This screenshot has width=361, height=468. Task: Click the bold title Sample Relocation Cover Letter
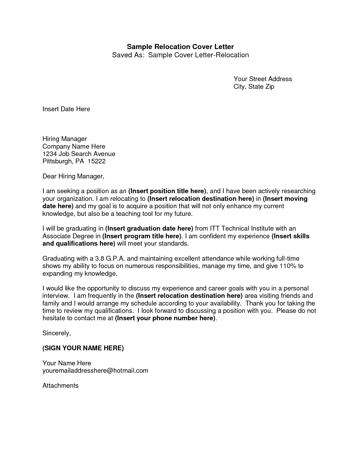[x=180, y=47]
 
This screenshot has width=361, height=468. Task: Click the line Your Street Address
[x=262, y=79]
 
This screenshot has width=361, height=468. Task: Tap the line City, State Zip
[x=254, y=87]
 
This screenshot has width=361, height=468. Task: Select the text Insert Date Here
[x=66, y=109]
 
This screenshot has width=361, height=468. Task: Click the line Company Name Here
[x=74, y=147]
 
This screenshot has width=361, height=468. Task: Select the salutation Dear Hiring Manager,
[x=73, y=176]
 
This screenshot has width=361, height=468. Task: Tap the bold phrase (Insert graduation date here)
[x=149, y=229]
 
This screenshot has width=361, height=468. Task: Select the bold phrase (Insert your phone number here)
[x=165, y=318]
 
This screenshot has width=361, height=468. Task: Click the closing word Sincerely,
[x=56, y=333]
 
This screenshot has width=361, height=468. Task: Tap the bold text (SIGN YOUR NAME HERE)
[x=83, y=348]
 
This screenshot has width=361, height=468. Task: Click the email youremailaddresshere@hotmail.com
[x=95, y=371]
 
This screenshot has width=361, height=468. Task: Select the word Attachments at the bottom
[x=60, y=386]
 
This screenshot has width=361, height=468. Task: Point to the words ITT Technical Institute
[x=242, y=229]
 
